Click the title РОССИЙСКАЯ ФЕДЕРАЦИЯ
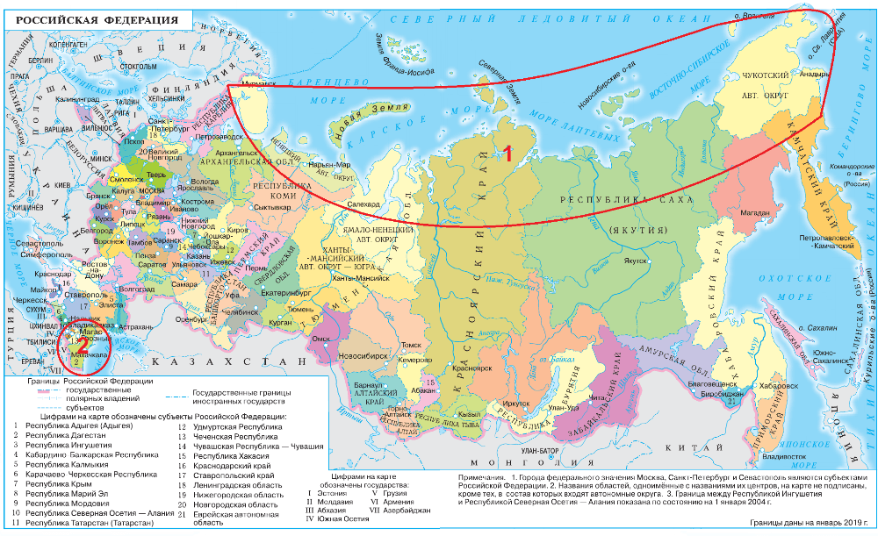tap(88, 18)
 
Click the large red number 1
tap(507, 153)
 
